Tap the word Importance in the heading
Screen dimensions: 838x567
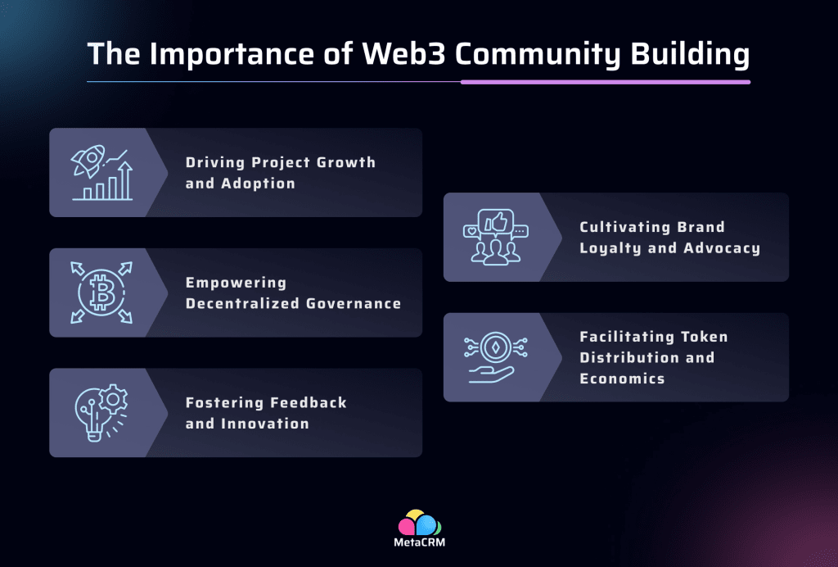tap(217, 54)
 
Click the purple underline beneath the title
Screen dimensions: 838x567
tap(605, 82)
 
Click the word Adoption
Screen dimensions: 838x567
tap(258, 183)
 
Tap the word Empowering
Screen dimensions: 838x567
tap(236, 283)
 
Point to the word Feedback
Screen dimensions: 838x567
tap(307, 402)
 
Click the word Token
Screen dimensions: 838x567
tap(705, 336)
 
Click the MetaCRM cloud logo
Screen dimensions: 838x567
tap(419, 523)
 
